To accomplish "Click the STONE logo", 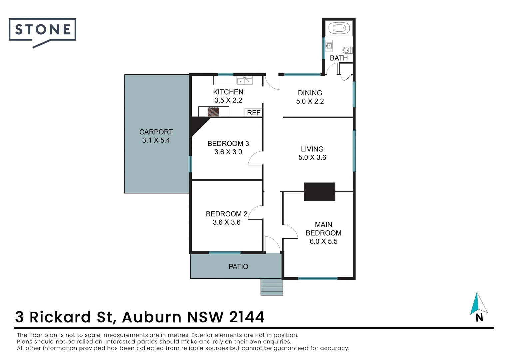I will [42, 30].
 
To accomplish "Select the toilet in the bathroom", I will [347, 50].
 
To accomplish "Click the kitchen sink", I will [244, 80].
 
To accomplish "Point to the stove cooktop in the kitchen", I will [213, 111].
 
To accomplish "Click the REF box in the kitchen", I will [254, 113].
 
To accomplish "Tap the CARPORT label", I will [156, 132].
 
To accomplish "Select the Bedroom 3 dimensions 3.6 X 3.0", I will [228, 152].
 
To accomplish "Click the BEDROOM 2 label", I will [226, 214].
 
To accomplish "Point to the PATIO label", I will [238, 266].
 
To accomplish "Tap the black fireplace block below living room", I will [319, 192].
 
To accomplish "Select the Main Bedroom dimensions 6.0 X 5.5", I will [323, 241].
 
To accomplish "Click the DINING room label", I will [310, 93].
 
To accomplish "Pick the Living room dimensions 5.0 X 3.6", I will [312, 157].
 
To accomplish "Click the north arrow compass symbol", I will [478, 304].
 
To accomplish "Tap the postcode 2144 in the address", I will [247, 317].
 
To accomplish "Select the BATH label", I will [339, 58].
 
